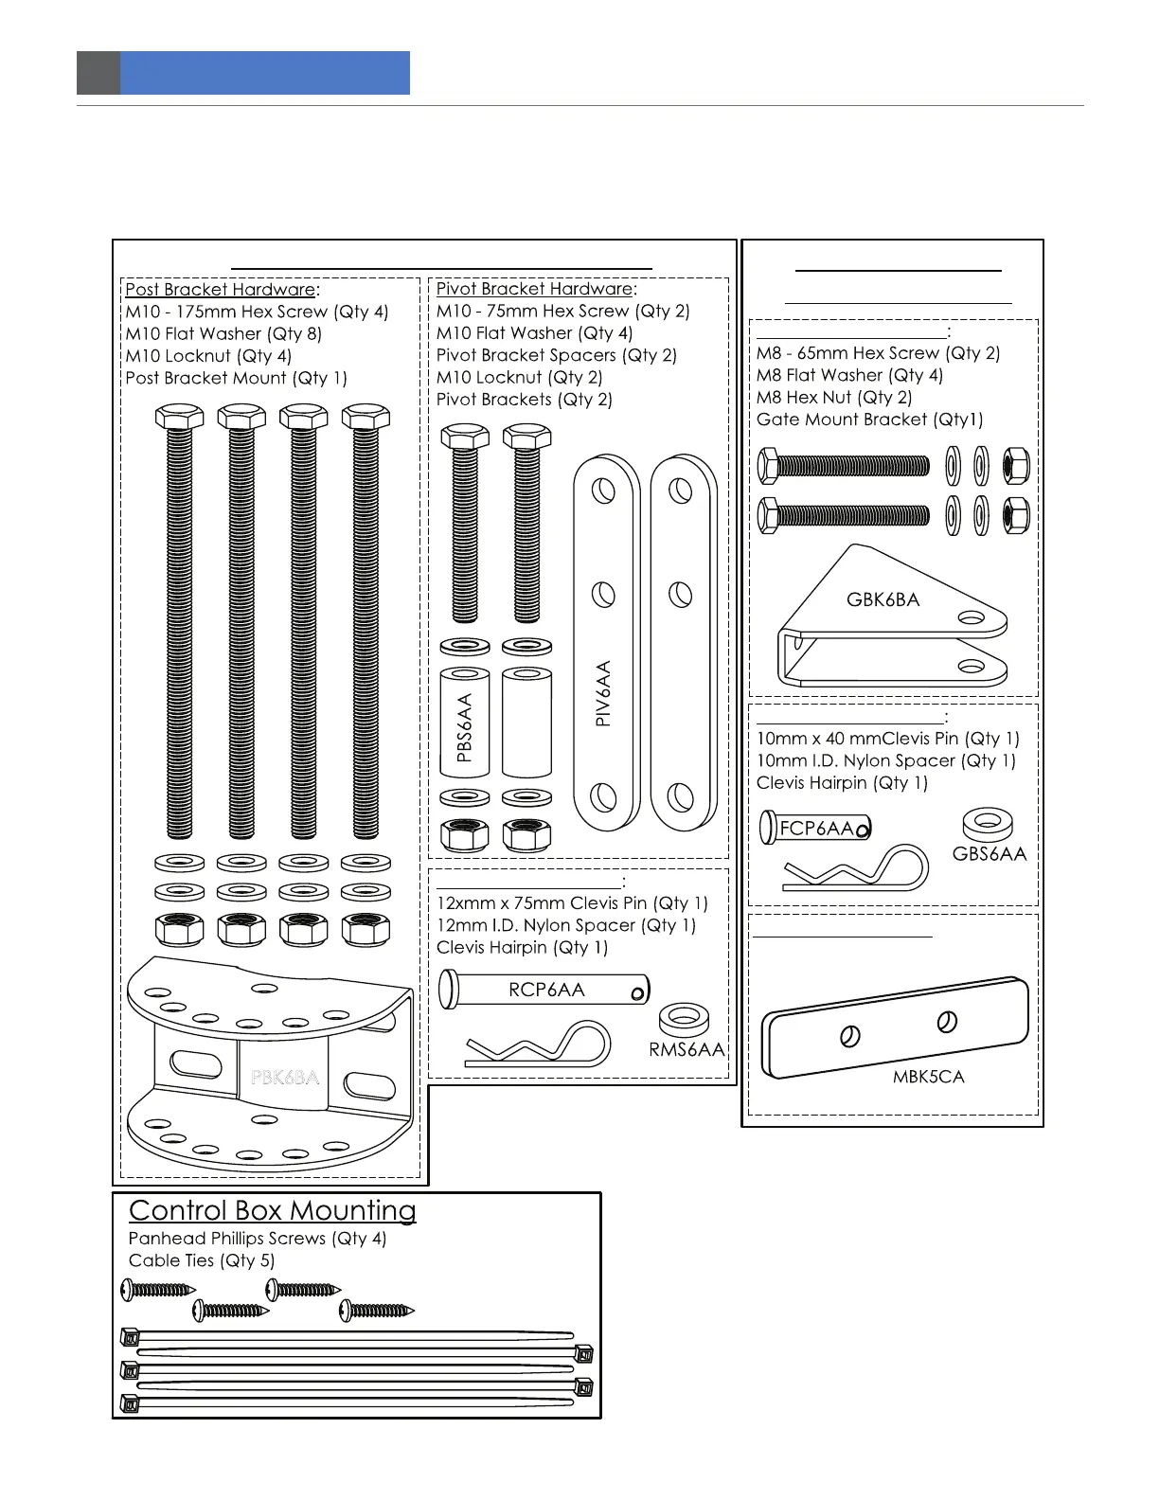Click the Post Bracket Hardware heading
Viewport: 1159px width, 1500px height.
pyautogui.click(x=221, y=290)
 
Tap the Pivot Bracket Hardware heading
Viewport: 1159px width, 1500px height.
pyautogui.click(x=534, y=289)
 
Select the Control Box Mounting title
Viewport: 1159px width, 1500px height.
pyautogui.click(x=273, y=1211)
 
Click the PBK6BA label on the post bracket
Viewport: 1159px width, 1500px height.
pyautogui.click(x=284, y=1078)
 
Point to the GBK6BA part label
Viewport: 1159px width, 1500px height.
pyautogui.click(x=883, y=599)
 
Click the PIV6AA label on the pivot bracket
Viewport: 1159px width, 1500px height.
pyautogui.click(x=603, y=693)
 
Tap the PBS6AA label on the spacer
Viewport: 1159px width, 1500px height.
pyautogui.click(x=464, y=727)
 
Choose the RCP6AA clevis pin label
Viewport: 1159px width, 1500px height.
pyautogui.click(x=546, y=990)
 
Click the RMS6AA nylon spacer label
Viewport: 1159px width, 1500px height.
pyautogui.click(x=686, y=1049)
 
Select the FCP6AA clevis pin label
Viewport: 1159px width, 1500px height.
pyautogui.click(x=815, y=829)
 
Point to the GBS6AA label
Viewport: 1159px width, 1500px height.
pyautogui.click(x=989, y=854)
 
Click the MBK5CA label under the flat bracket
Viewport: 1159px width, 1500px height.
pyautogui.click(x=928, y=1077)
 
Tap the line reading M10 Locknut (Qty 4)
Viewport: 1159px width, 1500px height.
pyautogui.click(x=208, y=356)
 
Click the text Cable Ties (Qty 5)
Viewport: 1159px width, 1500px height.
pyautogui.click(x=201, y=1260)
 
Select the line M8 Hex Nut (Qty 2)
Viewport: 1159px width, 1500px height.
pyautogui.click(x=834, y=398)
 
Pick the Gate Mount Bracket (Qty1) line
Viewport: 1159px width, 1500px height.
pyautogui.click(x=869, y=420)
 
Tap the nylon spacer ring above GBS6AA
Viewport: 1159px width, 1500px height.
pyautogui.click(x=988, y=823)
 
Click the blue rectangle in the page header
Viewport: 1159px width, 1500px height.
pyautogui.click(x=265, y=73)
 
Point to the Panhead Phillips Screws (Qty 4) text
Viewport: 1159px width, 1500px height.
pyautogui.click(x=258, y=1239)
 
